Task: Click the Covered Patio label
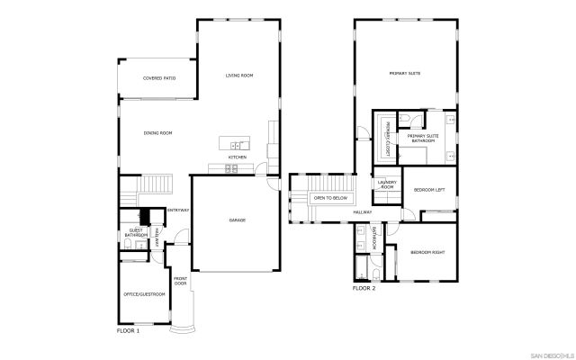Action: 158,78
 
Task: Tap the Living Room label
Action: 238,76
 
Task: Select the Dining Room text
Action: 157,132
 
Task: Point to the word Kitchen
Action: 237,157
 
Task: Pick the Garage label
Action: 237,220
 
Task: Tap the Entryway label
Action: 177,210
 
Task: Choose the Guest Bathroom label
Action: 136,233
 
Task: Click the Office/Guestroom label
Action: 144,294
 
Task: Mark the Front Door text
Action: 180,280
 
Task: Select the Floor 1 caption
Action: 128,331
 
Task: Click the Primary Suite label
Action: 405,73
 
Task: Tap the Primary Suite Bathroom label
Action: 423,139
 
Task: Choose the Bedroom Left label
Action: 429,189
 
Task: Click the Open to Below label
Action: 330,196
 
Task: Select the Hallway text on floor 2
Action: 362,212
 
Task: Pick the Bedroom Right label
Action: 427,252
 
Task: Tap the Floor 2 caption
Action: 364,288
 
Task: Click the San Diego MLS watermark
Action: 548,352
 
